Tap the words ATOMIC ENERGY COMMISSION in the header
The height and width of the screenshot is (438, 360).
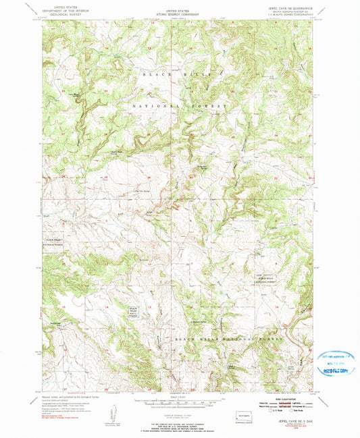pos(180,13)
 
